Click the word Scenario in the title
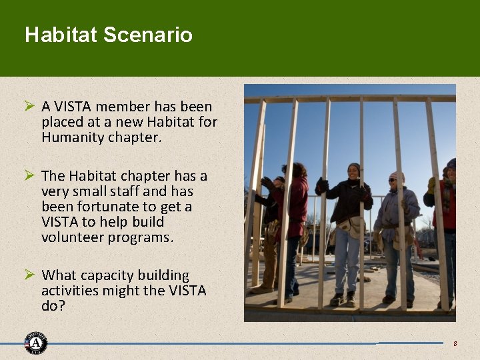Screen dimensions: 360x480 148,35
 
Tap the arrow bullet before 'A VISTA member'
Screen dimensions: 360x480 29,106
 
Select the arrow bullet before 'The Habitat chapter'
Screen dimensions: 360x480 29,175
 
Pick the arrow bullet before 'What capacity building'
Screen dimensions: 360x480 29,275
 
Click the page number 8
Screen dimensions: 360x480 455,343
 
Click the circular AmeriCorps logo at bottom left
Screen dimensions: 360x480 35,343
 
